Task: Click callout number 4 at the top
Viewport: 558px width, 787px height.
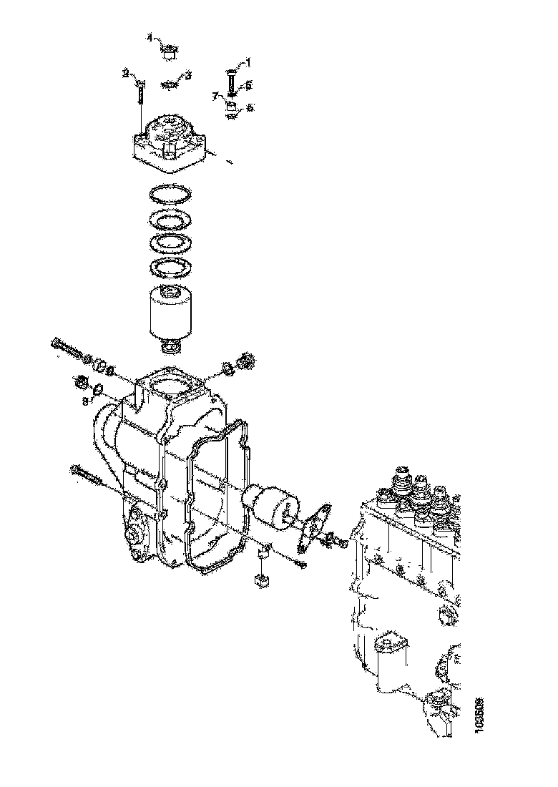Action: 150,37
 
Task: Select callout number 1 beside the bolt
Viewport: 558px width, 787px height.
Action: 248,63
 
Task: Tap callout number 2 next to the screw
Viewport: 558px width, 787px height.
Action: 125,73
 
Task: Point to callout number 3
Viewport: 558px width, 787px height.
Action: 188,75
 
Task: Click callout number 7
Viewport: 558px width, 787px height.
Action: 214,95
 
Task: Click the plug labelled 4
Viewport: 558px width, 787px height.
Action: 170,51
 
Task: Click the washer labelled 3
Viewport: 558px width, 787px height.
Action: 170,84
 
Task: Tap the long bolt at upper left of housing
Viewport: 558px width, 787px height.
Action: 67,348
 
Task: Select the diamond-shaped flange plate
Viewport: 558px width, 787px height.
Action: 314,526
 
